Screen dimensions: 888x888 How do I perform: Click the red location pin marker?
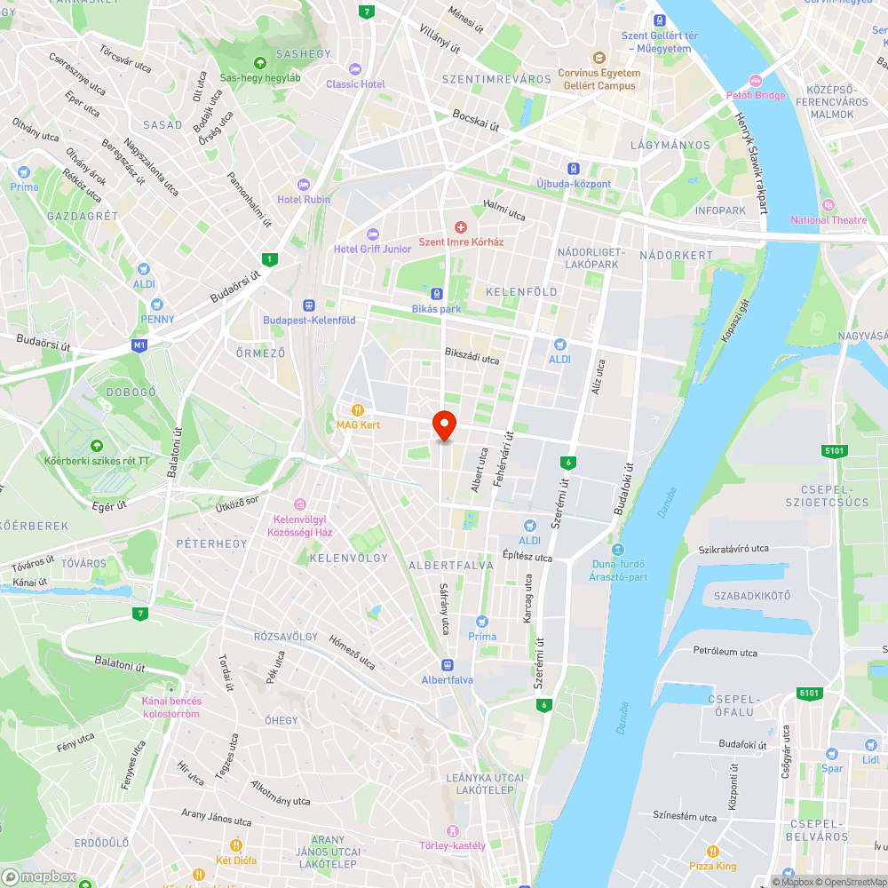(443, 425)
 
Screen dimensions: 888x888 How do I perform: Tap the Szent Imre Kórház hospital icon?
(461, 228)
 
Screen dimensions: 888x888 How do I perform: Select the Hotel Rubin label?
(304, 200)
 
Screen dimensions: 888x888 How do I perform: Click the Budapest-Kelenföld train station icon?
(309, 304)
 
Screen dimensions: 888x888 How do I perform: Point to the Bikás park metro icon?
(437, 293)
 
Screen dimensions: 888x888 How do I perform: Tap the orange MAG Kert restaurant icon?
(358, 409)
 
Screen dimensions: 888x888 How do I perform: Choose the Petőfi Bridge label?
(756, 95)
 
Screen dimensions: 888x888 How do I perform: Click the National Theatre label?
(822, 220)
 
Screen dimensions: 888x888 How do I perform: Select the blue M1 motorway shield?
(139, 345)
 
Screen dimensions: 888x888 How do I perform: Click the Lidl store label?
(870, 759)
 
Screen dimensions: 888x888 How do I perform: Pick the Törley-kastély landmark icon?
(453, 830)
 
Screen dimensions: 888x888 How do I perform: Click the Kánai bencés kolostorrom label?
(171, 707)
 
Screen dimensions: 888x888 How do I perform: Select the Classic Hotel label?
(355, 84)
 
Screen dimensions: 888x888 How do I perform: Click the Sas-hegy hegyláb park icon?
(260, 63)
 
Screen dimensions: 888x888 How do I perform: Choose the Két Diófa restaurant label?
(236, 860)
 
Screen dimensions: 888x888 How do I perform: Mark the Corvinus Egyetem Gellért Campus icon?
(599, 58)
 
